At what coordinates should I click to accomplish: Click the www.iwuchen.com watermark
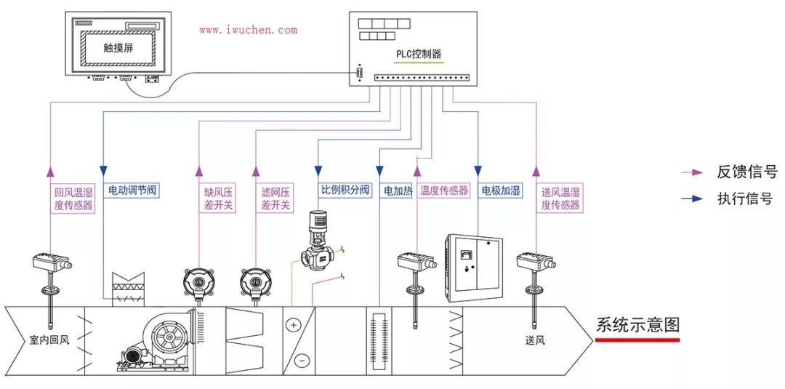pyautogui.click(x=248, y=31)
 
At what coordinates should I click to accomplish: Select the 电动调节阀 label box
pyautogui.click(x=133, y=191)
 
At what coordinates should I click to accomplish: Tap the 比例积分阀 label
pyautogui.click(x=345, y=191)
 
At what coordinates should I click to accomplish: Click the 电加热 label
pyautogui.click(x=398, y=191)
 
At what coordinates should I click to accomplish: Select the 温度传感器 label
pyautogui.click(x=444, y=191)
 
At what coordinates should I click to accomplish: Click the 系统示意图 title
pyautogui.click(x=637, y=325)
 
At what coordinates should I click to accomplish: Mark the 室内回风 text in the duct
pyautogui.click(x=49, y=339)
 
